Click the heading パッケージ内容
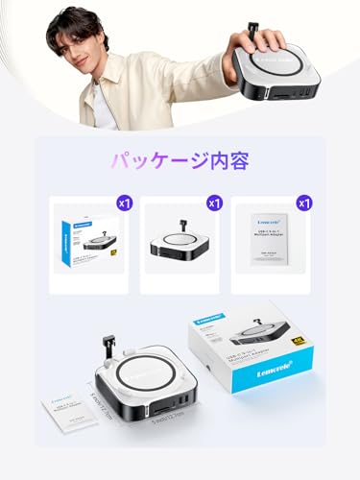point(180,162)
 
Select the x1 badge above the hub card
point(213,204)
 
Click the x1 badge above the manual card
point(303,204)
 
